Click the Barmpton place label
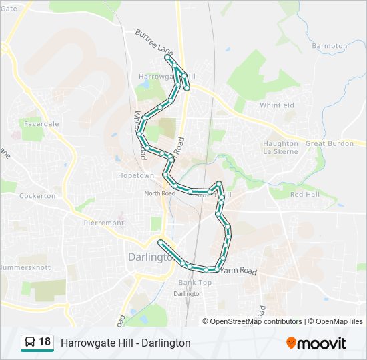coord(330,46)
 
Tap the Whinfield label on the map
coord(277,105)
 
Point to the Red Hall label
coord(305,194)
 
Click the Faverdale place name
coord(41,124)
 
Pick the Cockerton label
coord(37,196)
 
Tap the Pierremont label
coord(104,223)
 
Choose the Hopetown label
coord(136,175)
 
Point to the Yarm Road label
coord(239,271)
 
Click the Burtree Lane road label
coord(153,42)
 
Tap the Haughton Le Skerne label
coord(281,147)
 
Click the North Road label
coord(159,193)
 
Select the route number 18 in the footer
coord(45,342)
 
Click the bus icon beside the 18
coord(30,343)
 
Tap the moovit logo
coord(316,343)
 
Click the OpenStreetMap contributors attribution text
coord(256,321)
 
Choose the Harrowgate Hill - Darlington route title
coord(125,343)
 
